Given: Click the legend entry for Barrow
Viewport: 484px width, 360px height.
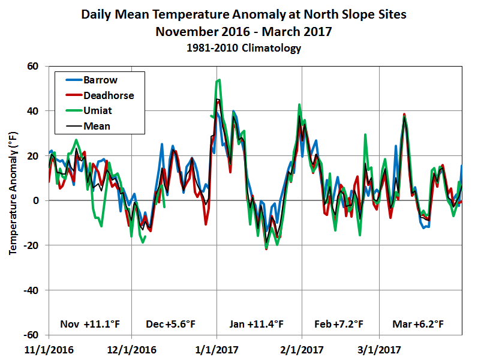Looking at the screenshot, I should pos(100,80).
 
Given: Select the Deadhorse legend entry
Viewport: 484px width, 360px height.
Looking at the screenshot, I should pos(109,95).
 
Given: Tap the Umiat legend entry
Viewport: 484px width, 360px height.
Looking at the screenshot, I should pos(98,111).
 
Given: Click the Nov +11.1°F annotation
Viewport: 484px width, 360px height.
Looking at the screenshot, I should pos(90,324).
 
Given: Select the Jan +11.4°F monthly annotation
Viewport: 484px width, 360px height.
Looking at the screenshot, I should pos(255,324).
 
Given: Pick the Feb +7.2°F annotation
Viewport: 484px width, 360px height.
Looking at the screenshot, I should pos(339,324).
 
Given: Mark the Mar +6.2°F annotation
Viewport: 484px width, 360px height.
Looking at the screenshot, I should pos(418,324).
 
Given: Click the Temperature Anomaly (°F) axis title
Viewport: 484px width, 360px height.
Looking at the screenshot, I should pos(13,200).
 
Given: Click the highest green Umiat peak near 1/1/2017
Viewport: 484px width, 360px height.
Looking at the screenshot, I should pos(220,79).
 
